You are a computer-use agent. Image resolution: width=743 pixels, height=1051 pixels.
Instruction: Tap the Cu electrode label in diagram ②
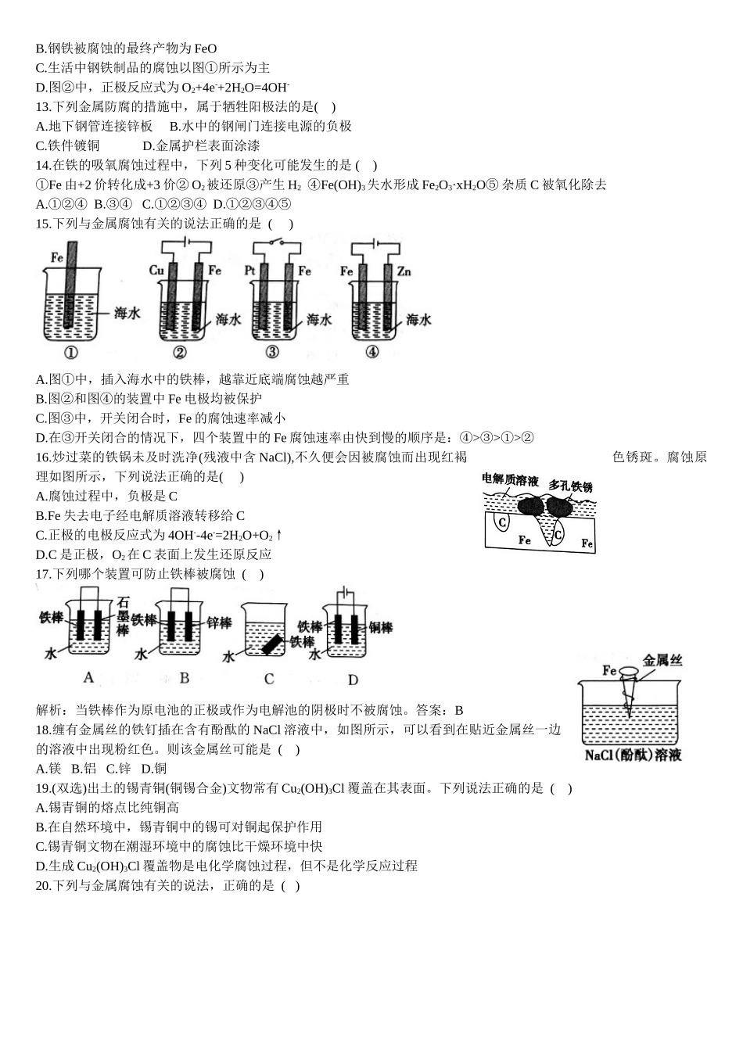tap(156, 271)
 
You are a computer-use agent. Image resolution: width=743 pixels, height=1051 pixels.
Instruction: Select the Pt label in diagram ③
tap(250, 271)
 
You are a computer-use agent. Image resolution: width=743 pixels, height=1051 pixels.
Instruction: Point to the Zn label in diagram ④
tap(404, 271)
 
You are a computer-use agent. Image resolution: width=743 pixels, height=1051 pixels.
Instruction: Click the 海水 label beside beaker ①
tap(127, 313)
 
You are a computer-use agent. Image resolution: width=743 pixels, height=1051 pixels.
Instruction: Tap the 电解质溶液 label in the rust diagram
tap(511, 480)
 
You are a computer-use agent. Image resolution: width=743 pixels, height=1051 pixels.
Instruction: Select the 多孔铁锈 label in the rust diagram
tap(570, 486)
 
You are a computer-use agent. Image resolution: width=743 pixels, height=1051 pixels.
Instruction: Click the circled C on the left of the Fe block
tap(504, 522)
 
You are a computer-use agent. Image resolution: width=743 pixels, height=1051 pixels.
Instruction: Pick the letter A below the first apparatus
tap(88, 678)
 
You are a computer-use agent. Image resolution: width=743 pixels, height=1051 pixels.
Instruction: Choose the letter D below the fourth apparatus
tap(353, 680)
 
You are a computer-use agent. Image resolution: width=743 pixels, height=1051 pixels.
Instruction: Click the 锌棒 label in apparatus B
tap(219, 622)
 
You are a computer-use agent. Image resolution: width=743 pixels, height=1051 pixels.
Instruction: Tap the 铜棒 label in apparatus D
tap(381, 627)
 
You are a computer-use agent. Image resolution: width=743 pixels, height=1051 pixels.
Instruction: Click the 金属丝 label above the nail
tap(662, 661)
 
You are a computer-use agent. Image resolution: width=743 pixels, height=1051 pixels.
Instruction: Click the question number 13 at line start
tap(43, 106)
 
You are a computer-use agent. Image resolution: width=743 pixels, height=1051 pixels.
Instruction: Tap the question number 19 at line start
tap(43, 788)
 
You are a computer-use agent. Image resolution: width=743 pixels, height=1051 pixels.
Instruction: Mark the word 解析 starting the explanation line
tap(49, 710)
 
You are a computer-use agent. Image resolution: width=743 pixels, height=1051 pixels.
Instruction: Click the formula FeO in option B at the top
tap(206, 48)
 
